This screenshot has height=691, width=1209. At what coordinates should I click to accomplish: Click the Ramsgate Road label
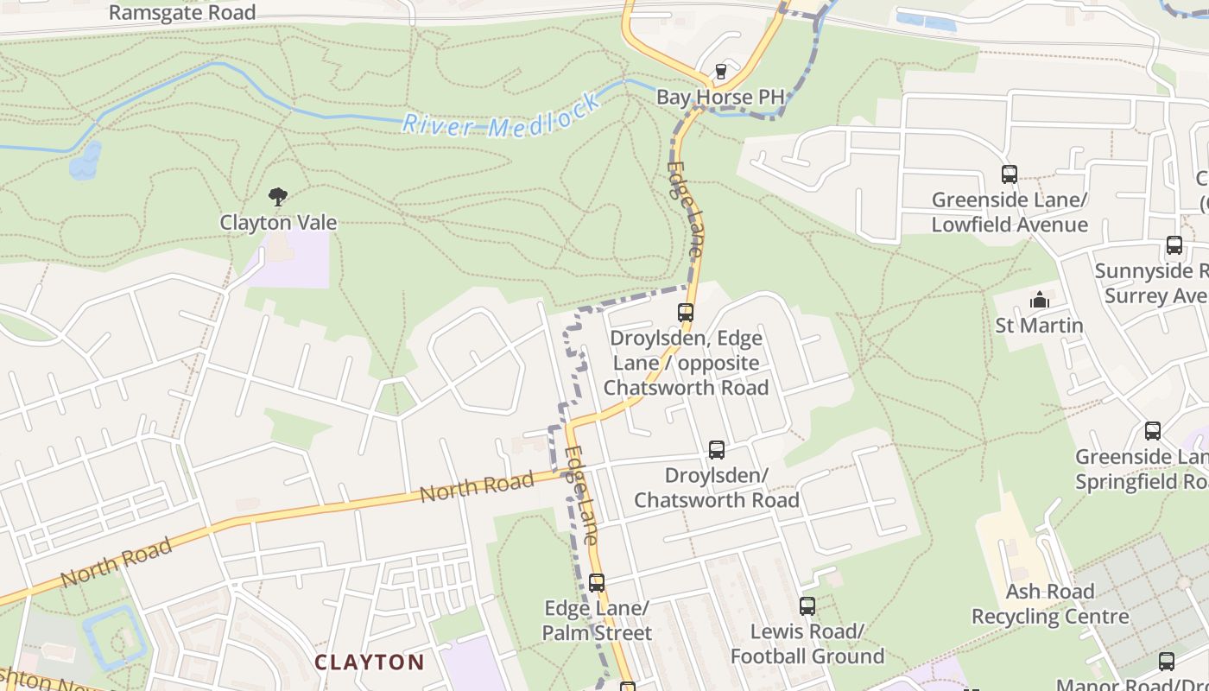point(182,12)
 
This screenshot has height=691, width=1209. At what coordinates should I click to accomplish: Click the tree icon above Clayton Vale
point(277,198)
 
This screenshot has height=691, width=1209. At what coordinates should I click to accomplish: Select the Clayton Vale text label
point(278,222)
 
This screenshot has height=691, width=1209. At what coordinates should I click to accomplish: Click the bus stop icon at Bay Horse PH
point(721,71)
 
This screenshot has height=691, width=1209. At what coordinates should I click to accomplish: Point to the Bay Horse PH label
point(720,97)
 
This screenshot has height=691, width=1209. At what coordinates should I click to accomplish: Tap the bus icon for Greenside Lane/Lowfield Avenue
point(1009,174)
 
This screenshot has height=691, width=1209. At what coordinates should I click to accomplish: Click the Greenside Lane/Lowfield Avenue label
point(1009,212)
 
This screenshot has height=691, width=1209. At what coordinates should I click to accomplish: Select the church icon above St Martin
point(1040,301)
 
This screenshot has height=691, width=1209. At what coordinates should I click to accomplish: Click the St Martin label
point(1039,326)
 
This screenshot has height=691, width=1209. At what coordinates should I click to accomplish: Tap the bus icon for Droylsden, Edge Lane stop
point(686,313)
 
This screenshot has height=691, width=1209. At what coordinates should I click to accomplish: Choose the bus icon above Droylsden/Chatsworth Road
point(717,450)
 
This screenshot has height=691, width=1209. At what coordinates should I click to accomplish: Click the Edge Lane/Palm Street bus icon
point(597,583)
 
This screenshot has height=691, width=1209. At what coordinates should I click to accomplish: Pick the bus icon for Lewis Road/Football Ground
point(807,606)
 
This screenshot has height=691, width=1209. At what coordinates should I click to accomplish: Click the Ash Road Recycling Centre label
point(1050,604)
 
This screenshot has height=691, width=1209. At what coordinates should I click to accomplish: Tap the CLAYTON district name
point(370,662)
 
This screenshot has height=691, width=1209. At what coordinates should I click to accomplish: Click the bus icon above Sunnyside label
point(1174,245)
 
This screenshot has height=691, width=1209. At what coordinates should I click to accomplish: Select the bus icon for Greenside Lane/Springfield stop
point(1153,431)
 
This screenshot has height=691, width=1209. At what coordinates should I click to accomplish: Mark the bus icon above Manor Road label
point(1167,662)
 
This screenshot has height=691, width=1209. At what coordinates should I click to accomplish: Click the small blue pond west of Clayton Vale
point(85,161)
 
